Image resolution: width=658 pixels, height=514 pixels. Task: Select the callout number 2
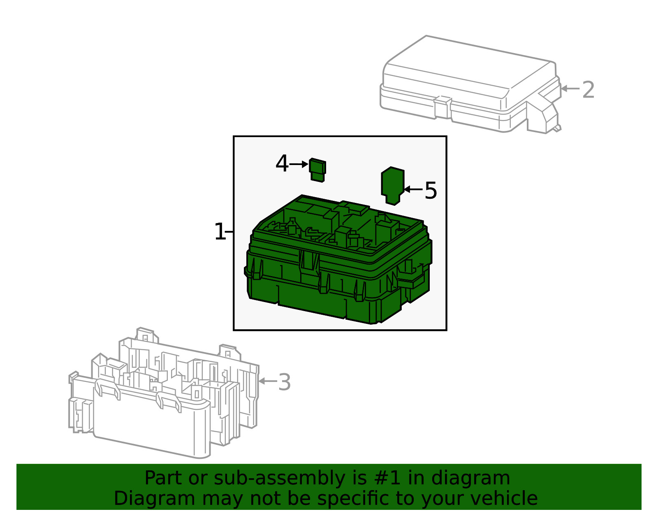tap(588, 90)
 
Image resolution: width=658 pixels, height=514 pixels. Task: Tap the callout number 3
tap(284, 382)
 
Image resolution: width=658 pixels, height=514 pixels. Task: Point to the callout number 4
tap(282, 164)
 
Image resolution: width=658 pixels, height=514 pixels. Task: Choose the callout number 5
tap(431, 191)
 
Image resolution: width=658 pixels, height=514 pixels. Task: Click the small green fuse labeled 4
tap(317, 170)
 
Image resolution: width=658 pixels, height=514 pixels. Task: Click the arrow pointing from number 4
tap(299, 164)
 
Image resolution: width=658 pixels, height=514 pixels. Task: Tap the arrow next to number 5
tap(413, 189)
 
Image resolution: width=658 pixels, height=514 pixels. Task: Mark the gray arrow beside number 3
tap(267, 381)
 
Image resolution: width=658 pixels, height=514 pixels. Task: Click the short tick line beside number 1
tap(229, 232)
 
